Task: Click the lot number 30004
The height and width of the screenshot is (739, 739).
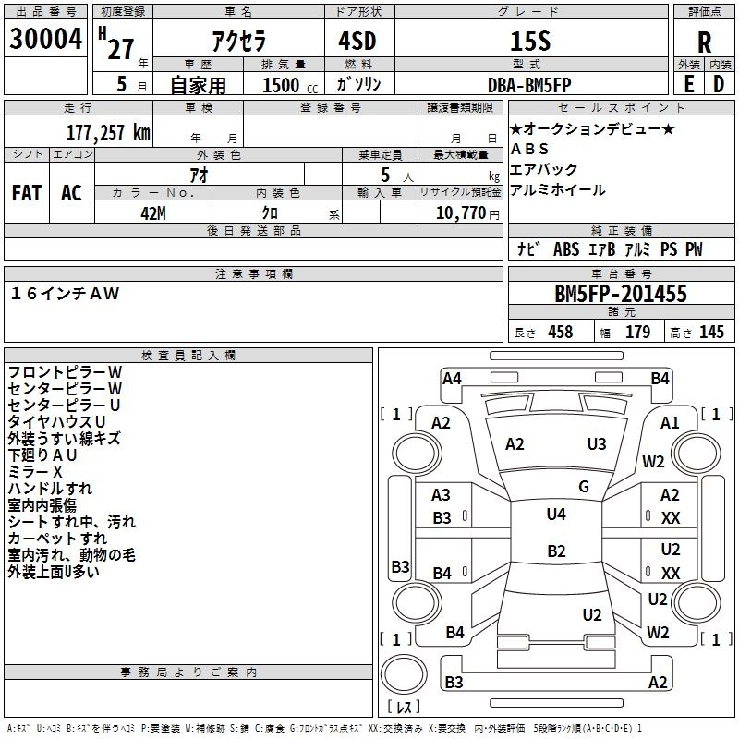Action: (x=45, y=39)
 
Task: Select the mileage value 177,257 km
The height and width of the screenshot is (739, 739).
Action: (x=108, y=133)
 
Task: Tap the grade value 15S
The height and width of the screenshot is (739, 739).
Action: (x=530, y=41)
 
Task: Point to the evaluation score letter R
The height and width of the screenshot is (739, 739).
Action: (x=704, y=42)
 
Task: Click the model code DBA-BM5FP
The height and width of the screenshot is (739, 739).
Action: (x=529, y=85)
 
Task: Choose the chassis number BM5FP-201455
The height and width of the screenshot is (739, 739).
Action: (x=621, y=294)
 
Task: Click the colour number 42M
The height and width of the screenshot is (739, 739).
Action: (x=153, y=213)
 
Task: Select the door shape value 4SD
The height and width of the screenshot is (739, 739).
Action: (x=357, y=41)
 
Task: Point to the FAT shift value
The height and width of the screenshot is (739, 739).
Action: (x=27, y=193)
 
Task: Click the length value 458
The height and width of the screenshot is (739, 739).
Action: (x=561, y=332)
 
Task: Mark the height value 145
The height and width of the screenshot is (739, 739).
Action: (x=711, y=332)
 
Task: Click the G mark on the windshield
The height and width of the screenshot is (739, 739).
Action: (x=584, y=487)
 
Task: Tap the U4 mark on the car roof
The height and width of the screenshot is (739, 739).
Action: (x=556, y=515)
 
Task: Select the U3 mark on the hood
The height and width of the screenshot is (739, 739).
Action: (x=597, y=444)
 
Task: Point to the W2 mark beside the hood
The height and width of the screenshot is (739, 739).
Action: (x=653, y=461)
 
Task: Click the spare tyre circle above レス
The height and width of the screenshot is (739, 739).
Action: (x=404, y=674)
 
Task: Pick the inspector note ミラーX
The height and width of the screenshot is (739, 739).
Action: (x=35, y=472)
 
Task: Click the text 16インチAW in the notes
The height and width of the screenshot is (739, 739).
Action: (x=65, y=294)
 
